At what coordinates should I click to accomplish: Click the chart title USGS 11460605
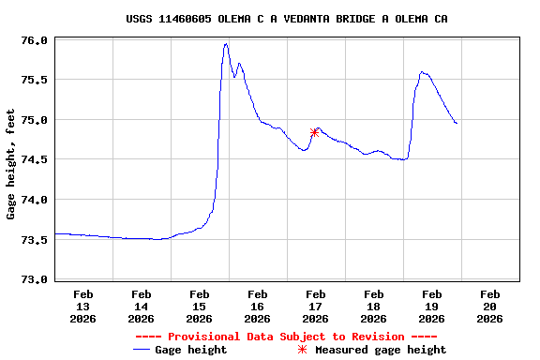coord(286,19)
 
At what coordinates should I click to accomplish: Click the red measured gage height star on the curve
coord(314,132)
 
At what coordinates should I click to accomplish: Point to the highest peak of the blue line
coord(226,44)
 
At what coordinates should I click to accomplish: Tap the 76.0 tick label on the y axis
coord(34,40)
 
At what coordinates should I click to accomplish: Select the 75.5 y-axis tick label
coord(34,81)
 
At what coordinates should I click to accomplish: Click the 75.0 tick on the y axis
coord(34,120)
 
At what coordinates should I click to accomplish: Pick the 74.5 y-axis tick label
coord(34,160)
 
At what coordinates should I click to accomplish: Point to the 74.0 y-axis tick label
coord(34,200)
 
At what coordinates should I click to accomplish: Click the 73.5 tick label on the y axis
coord(34,240)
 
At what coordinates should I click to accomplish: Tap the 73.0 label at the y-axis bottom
coord(34,279)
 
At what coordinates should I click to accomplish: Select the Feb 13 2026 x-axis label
coord(82,306)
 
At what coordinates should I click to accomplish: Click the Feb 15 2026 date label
coord(199,306)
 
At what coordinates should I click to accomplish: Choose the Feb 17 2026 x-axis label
coord(315,306)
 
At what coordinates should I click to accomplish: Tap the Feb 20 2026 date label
coord(489,306)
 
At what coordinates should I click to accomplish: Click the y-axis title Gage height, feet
coord(11,164)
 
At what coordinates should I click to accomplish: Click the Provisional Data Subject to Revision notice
coord(286,337)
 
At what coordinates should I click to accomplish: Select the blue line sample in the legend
coord(142,350)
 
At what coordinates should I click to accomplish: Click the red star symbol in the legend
coord(302,350)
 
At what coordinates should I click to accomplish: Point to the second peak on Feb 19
coord(423,71)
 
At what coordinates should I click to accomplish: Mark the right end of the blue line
coord(457,123)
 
